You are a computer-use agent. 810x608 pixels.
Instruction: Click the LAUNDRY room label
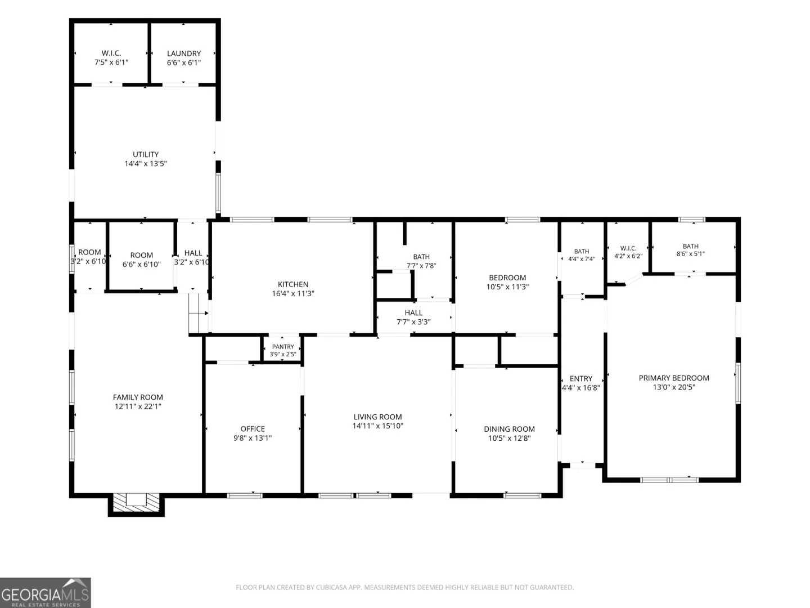pyautogui.click(x=184, y=53)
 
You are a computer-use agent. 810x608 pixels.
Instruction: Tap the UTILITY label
pyautogui.click(x=146, y=154)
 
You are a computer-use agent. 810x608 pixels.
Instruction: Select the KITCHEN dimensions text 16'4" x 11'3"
pyautogui.click(x=293, y=293)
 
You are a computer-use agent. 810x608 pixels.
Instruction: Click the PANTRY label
pyautogui.click(x=283, y=347)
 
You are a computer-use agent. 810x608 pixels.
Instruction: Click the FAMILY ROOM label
pyautogui.click(x=138, y=397)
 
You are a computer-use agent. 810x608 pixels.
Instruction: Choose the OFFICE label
pyautogui.click(x=253, y=428)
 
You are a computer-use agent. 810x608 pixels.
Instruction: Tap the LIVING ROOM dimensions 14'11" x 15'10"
pyautogui.click(x=377, y=426)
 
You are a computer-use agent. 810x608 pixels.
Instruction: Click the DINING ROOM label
pyautogui.click(x=509, y=429)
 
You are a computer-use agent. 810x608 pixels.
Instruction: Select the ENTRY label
pyautogui.click(x=581, y=378)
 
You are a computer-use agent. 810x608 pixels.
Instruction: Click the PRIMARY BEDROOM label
pyautogui.click(x=674, y=378)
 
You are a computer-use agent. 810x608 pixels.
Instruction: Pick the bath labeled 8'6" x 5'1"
pyautogui.click(x=690, y=249)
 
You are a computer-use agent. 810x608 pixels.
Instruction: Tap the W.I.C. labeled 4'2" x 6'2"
pyautogui.click(x=628, y=252)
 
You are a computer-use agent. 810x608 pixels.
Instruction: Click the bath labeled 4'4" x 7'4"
pyautogui.click(x=582, y=255)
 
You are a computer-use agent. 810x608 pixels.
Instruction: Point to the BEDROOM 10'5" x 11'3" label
pyautogui.click(x=507, y=278)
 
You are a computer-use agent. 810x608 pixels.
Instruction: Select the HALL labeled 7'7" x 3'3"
pyautogui.click(x=413, y=317)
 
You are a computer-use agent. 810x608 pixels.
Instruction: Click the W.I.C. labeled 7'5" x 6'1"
pyautogui.click(x=111, y=58)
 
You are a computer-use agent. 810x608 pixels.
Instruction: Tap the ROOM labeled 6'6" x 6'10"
pyautogui.click(x=141, y=260)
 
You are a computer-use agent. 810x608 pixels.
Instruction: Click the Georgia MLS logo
pyautogui.click(x=46, y=592)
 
